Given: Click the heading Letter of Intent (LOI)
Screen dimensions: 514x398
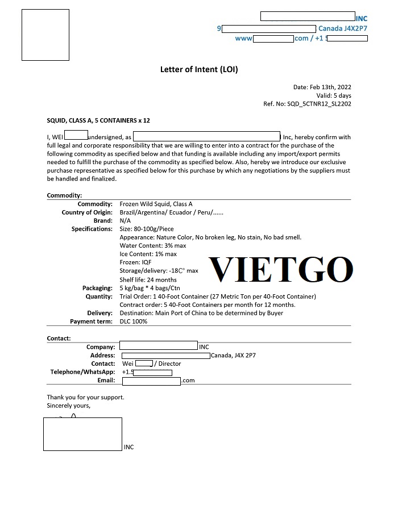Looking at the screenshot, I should coord(199,69).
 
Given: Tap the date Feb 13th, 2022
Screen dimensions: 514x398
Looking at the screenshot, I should coord(330,87).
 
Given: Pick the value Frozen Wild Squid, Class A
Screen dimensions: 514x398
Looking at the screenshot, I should coord(156,204).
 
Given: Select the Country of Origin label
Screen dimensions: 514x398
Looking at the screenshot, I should coord(87,212).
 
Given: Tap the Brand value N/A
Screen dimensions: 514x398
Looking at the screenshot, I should coord(125,220).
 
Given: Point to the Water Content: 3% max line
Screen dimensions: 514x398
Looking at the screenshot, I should coord(152,245).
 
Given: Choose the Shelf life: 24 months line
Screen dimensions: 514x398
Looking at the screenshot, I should coord(148,279).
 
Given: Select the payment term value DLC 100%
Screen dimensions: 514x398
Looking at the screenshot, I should coord(134,321).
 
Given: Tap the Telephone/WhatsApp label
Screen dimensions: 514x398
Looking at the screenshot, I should coord(82,372).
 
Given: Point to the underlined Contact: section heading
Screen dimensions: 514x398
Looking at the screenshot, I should coord(59,339).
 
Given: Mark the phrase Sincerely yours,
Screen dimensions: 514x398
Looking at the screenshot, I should coord(68,406).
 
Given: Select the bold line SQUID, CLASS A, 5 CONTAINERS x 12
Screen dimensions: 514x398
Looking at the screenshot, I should coord(98,120).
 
